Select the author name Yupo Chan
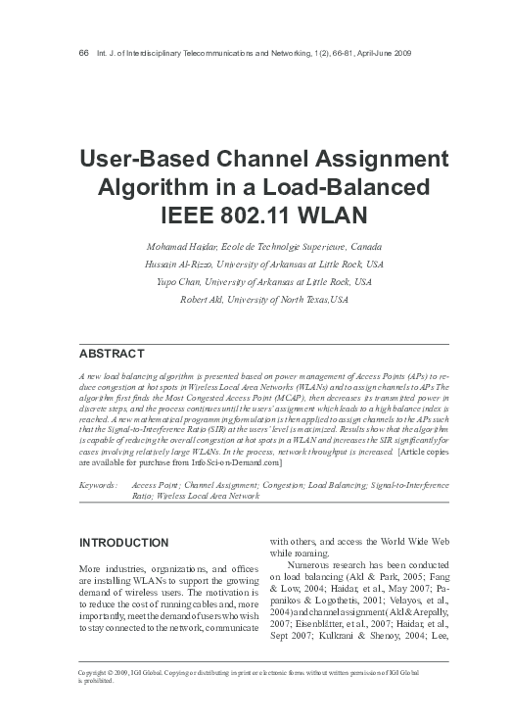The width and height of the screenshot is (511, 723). click(x=178, y=281)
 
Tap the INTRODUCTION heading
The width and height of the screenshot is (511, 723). click(x=124, y=543)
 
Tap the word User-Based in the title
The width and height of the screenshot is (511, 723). click(x=147, y=160)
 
